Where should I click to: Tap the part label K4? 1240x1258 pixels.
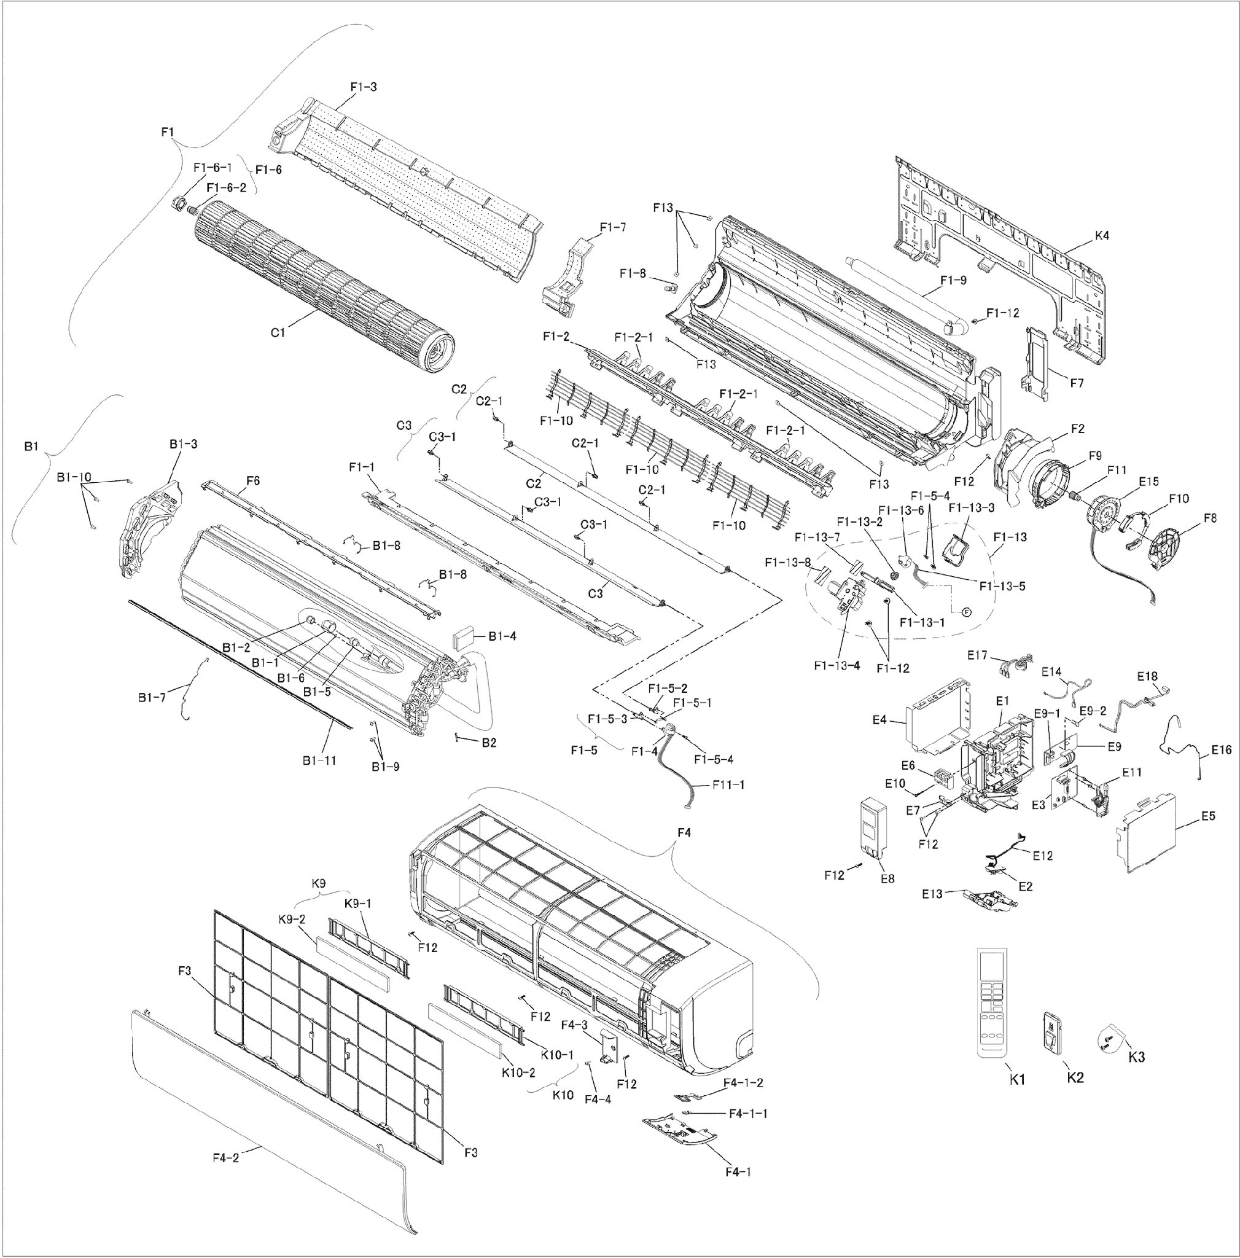click(1101, 236)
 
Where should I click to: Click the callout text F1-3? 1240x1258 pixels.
click(363, 87)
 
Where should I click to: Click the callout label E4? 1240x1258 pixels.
click(879, 720)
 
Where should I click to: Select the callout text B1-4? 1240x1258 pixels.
click(502, 636)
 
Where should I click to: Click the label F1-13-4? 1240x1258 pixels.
click(836, 665)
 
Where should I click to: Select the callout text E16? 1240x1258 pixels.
click(1221, 749)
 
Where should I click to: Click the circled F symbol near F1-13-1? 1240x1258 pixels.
click(966, 612)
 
